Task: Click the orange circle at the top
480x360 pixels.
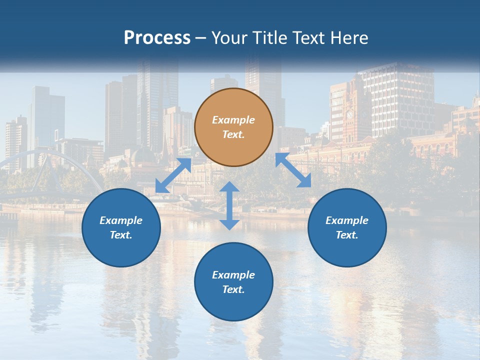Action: pos(233,127)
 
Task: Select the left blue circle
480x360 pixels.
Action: pos(121,227)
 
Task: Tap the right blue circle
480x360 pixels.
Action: pos(347,227)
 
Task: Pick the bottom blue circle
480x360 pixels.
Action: pos(233,282)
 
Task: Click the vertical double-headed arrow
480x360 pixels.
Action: pos(229,205)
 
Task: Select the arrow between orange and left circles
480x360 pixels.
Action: pos(173,175)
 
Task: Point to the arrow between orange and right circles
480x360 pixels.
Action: pos(293,170)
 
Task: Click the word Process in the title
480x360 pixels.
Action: pos(157,37)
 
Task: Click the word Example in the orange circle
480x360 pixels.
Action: pos(233,120)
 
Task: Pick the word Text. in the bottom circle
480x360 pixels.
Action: pos(233,289)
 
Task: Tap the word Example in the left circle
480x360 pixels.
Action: pos(121,220)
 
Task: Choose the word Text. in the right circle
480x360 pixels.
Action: pos(347,235)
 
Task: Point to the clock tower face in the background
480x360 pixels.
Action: pos(350,114)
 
